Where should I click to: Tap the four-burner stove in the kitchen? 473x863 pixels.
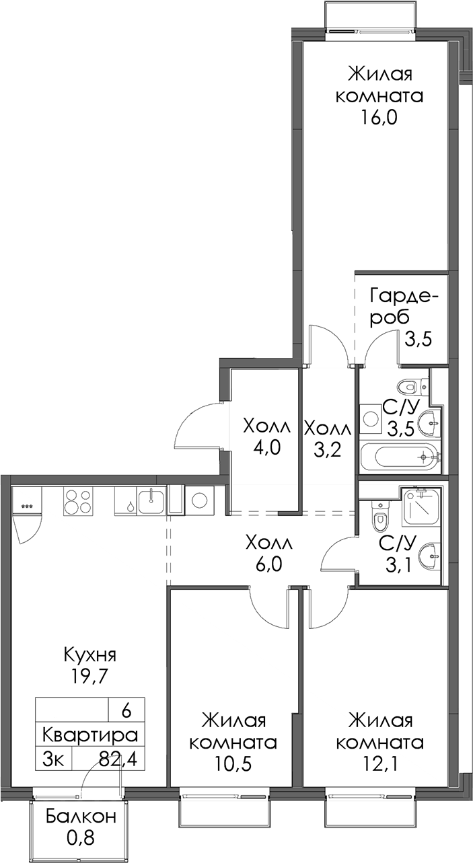77,501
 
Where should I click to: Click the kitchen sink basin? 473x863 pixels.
152,501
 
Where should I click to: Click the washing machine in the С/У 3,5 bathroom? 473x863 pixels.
371,419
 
